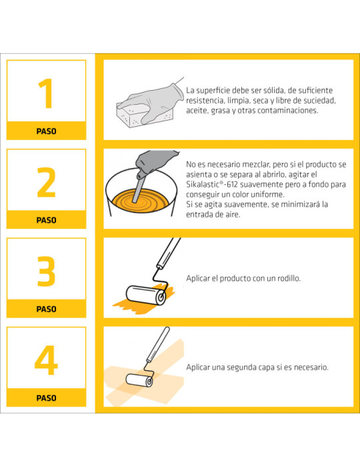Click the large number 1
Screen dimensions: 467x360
click(x=46, y=94)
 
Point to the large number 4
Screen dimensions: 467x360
click(x=46, y=361)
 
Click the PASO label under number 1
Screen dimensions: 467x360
click(x=46, y=131)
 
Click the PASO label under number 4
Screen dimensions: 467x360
click(x=46, y=398)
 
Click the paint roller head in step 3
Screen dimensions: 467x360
click(x=146, y=294)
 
